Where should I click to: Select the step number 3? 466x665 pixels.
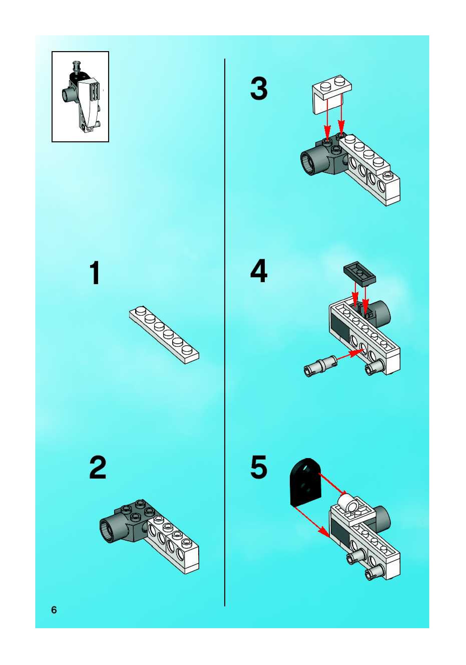259,89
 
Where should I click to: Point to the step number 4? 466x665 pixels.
259,271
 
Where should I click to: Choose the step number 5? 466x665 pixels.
259,467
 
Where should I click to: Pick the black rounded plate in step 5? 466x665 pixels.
306,483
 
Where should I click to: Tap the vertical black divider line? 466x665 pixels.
225,319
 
